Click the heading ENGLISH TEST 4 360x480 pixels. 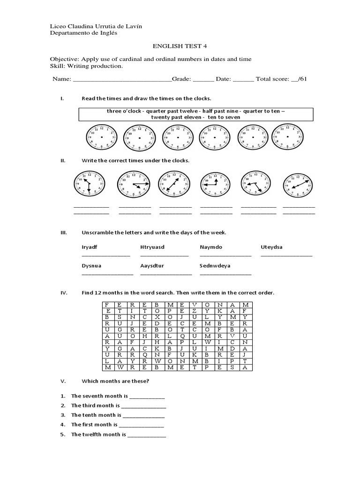tap(180, 46)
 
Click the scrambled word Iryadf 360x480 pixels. tap(90, 247)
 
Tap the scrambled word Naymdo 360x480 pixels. tap(211, 247)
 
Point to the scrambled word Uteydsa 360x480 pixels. tap(272, 247)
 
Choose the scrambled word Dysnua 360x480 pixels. tap(92, 265)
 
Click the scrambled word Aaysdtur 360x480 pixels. tap(153, 265)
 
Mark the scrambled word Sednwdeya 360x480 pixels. tap(215, 265)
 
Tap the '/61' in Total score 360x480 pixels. tap(302, 79)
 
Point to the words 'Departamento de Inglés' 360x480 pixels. tap(84, 33)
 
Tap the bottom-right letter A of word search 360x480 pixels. tap(244, 368)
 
